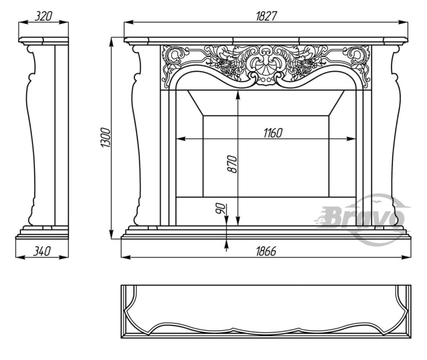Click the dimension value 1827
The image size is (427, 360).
[x=266, y=17]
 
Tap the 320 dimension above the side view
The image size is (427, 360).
[x=43, y=17]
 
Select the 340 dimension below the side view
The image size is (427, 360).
[x=42, y=251]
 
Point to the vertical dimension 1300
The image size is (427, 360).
[x=106, y=138]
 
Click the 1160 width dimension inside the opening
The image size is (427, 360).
[x=273, y=133]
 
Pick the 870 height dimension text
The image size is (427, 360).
[x=232, y=164]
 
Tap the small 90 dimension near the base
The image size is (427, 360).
[x=221, y=208]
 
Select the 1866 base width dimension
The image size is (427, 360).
[x=266, y=251]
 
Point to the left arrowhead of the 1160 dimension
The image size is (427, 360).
[x=181, y=139]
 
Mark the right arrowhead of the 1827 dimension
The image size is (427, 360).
[x=403, y=22]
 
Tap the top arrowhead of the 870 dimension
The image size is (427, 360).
[x=238, y=95]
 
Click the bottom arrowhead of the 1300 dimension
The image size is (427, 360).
[x=112, y=234]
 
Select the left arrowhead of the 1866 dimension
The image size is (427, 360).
[x=126, y=257]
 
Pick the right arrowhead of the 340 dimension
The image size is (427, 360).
[x=64, y=257]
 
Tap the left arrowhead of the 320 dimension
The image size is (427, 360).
[x=23, y=23]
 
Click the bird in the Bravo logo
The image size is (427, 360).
[x=377, y=202]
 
